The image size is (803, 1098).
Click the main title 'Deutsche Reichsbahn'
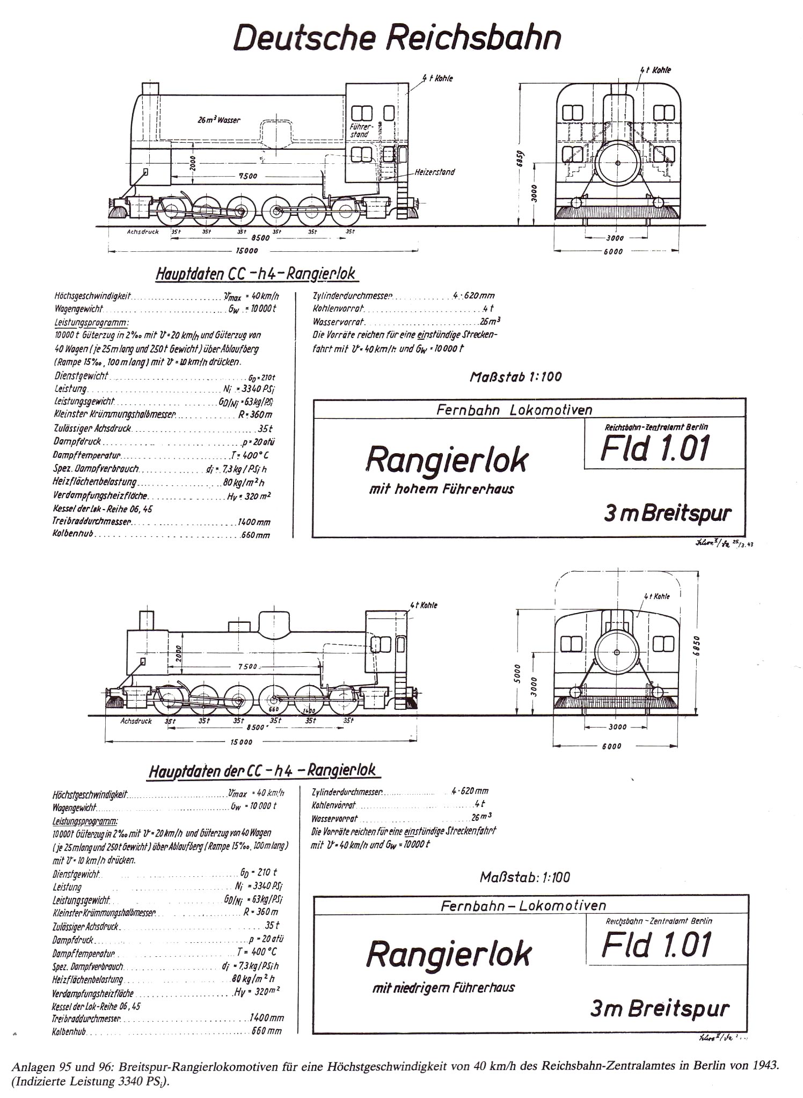click(x=397, y=38)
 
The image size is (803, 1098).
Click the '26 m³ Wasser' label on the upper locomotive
click(x=219, y=120)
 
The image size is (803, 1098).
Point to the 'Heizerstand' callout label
click(x=434, y=172)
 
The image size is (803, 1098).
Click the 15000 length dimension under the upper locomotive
click(x=247, y=251)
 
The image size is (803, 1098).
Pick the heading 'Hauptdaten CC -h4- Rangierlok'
click(x=255, y=274)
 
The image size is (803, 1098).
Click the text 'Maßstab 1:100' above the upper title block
click(x=515, y=376)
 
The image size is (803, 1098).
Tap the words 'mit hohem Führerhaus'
click(x=441, y=489)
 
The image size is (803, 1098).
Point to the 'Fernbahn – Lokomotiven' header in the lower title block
click(x=523, y=906)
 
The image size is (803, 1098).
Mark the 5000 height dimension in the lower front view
click(x=517, y=672)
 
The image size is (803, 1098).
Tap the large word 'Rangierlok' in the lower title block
click(x=449, y=954)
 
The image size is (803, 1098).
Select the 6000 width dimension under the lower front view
click(x=611, y=746)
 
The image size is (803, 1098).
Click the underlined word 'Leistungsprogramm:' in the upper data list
click(x=91, y=323)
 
